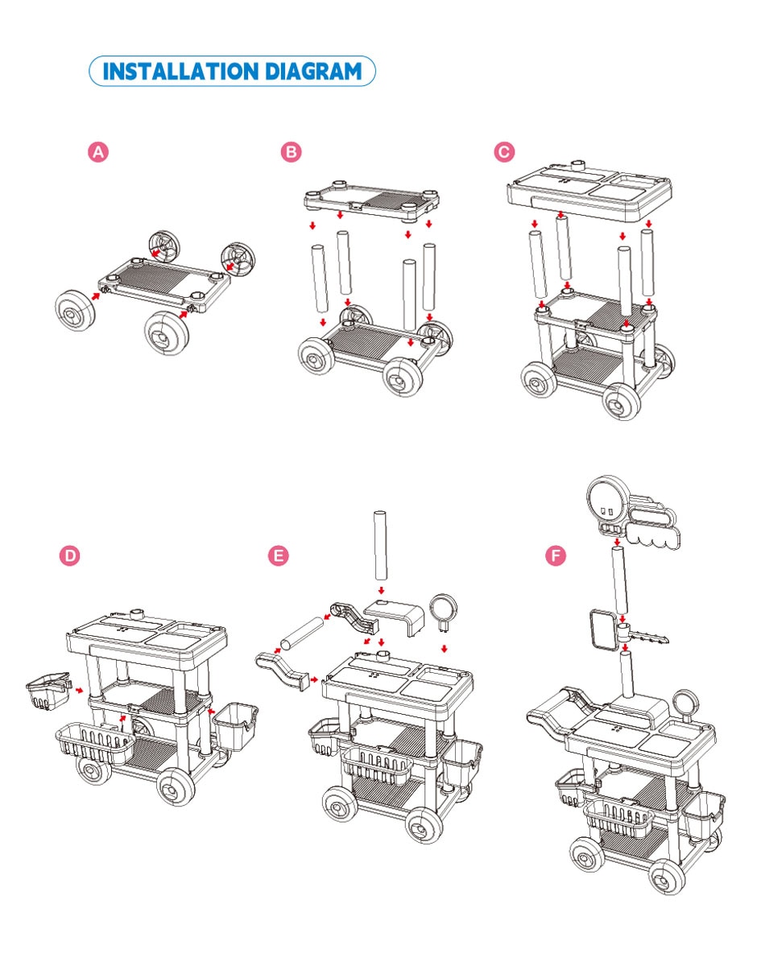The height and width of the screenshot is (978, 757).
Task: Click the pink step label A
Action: pos(97,152)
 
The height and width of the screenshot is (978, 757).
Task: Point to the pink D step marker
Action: pos(70,556)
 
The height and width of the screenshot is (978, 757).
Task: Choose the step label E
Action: pos(279,556)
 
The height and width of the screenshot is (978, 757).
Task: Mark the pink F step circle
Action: pos(556,556)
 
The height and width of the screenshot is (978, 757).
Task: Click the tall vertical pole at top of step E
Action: pos(381,546)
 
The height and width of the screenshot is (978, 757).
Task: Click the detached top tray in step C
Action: pos(589,188)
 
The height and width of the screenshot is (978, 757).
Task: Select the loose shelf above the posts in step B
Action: pos(371,201)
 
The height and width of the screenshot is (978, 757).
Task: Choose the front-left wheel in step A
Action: pos(75,311)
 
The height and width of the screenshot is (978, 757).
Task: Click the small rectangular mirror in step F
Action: pos(602,629)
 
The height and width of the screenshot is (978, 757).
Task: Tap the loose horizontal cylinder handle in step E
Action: pos(301,633)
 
